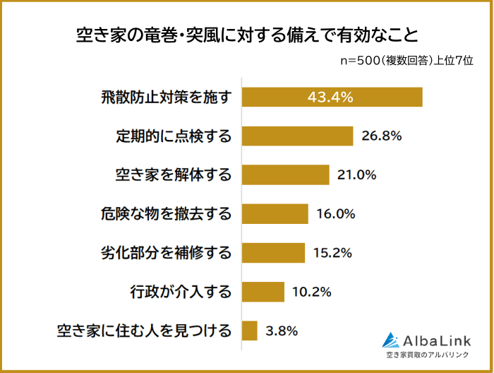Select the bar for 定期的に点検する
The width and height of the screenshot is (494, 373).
click(297, 136)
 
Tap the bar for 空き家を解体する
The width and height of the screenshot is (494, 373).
click(285, 174)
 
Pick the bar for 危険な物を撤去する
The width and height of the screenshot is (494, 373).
click(275, 213)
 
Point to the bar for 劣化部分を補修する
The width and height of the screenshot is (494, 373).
click(272, 252)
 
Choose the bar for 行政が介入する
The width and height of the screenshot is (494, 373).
click(263, 291)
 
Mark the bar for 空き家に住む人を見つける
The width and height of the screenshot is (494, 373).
click(249, 330)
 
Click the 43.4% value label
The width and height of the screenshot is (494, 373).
click(330, 97)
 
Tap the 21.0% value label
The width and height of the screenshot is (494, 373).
click(357, 174)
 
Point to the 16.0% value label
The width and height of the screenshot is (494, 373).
click(335, 213)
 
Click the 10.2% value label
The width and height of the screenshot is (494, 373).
click(311, 291)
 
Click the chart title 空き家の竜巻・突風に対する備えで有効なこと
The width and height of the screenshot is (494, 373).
click(246, 35)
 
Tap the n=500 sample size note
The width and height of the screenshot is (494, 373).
click(406, 61)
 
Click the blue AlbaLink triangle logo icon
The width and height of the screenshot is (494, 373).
click(390, 340)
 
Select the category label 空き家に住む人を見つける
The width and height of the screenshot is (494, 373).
click(144, 330)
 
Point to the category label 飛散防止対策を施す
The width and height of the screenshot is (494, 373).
click(167, 97)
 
